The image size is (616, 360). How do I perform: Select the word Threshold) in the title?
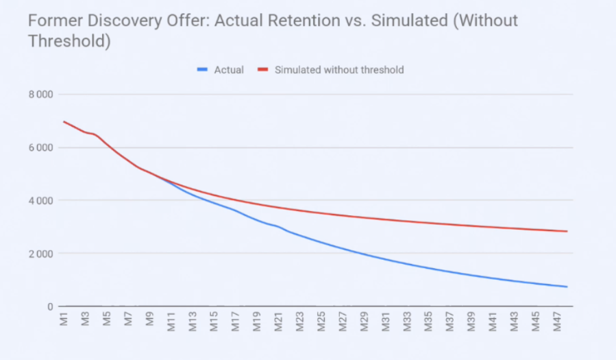click(69, 41)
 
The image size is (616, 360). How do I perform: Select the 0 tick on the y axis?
click(50, 307)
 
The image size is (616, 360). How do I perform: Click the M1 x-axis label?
click(64, 320)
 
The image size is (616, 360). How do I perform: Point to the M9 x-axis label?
click(149, 320)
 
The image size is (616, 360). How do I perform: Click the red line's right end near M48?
click(567, 231)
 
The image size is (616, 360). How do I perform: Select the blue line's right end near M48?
click(567, 287)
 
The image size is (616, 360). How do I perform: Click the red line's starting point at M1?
click(64, 121)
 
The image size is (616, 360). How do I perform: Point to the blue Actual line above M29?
click(364, 254)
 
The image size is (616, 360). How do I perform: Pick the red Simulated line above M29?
click(364, 217)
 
